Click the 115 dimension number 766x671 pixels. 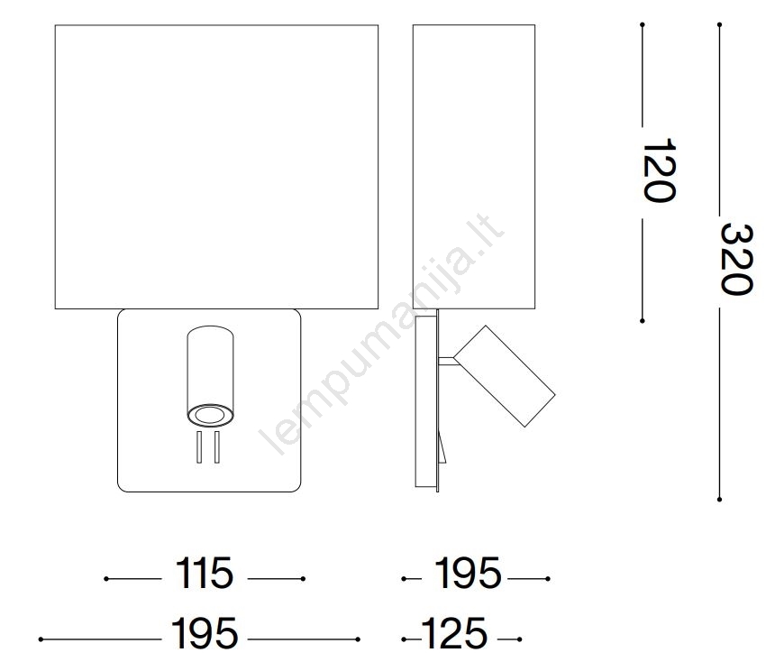tap(205, 574)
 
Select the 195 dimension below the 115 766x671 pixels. tap(205, 633)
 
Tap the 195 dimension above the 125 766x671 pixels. tap(468, 574)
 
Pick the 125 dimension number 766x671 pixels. tap(454, 633)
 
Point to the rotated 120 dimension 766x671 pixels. tap(659, 170)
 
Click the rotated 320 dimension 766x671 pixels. tap(736, 259)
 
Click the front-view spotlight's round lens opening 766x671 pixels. tap(211, 415)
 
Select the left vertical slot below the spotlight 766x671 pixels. tap(199, 447)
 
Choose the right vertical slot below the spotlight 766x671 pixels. tap(217, 447)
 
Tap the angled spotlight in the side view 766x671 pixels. tap(505, 375)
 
